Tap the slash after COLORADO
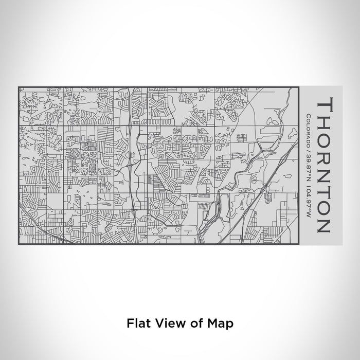point(308,151)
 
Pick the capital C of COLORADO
point(308,115)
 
